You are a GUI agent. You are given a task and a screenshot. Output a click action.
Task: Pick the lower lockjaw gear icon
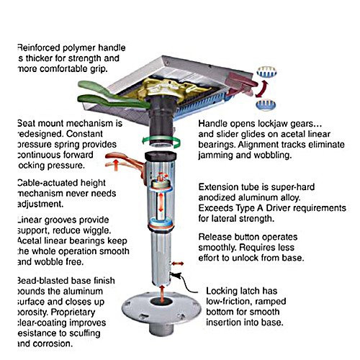(x=266, y=107)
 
